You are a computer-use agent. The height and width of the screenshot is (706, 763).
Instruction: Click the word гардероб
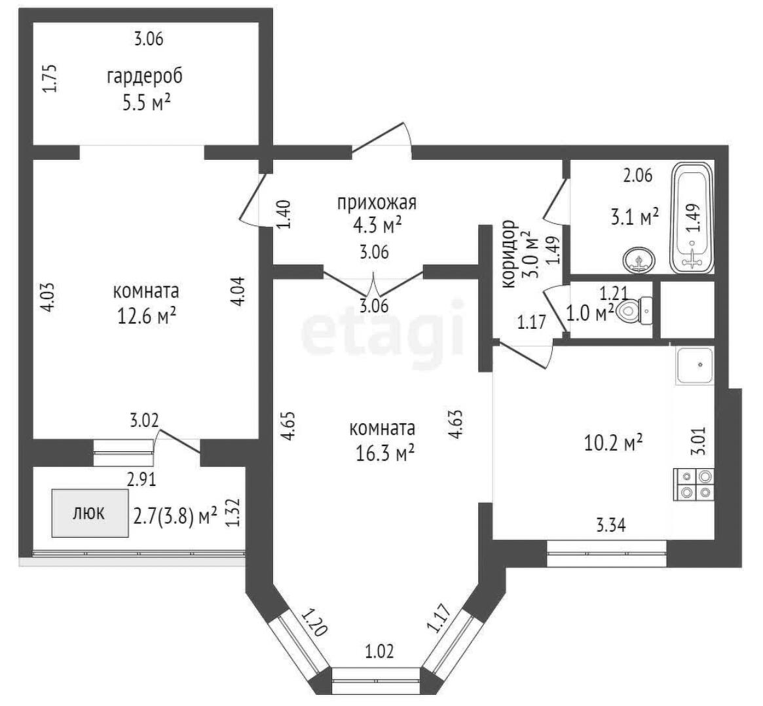tap(145, 77)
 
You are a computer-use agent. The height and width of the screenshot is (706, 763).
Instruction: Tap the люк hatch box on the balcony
tap(90, 513)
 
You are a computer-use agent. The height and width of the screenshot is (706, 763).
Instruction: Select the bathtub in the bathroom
tap(692, 218)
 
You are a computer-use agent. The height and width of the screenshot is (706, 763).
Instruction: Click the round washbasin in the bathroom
tap(639, 260)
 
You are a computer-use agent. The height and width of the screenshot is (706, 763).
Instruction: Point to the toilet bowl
tap(633, 310)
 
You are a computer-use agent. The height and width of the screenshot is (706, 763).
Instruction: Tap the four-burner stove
tap(694, 484)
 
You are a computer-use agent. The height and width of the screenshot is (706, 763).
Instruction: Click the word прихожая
tap(377, 203)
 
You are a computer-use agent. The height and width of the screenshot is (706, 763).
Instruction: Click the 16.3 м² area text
tap(385, 454)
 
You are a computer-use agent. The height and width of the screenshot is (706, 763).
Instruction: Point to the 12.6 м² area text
tap(147, 317)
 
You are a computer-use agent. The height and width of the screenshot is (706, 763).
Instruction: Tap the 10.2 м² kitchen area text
tap(614, 443)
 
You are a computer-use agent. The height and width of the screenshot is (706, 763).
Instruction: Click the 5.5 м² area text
tap(147, 103)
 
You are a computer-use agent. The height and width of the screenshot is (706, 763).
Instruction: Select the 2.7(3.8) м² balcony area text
tap(175, 516)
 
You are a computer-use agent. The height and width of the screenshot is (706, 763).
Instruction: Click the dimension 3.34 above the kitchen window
tap(611, 525)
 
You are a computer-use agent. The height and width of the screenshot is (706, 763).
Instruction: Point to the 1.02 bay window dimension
tap(380, 651)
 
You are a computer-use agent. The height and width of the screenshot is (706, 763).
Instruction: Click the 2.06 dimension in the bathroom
tap(638, 175)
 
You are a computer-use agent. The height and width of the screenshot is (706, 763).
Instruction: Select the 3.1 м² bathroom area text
tap(635, 217)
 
